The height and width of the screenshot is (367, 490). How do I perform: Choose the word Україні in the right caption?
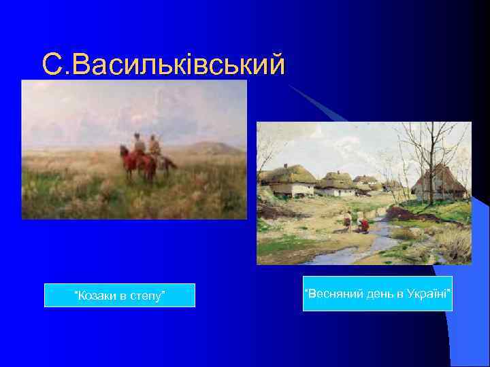[426, 294]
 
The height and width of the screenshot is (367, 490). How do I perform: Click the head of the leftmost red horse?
[123, 152]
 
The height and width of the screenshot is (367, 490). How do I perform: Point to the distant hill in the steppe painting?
[211, 147]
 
